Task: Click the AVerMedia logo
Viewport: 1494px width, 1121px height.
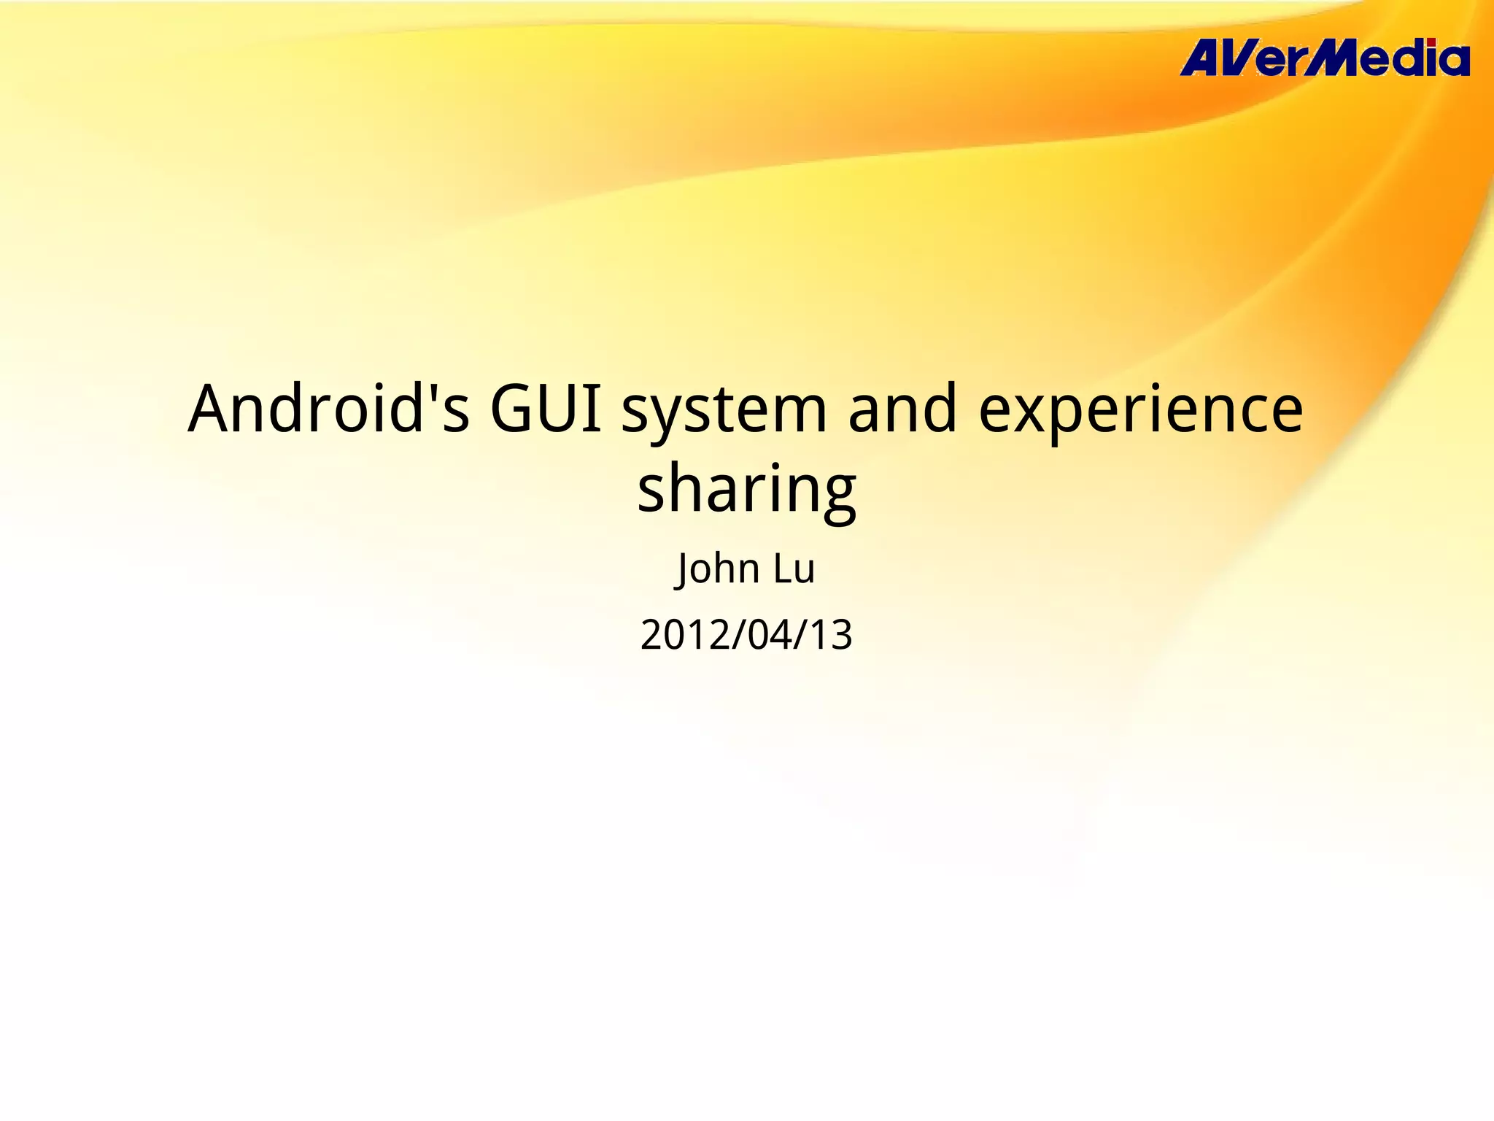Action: point(1324,59)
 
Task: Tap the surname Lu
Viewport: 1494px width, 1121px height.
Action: point(794,569)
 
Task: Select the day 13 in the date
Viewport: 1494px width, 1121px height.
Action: point(832,635)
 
